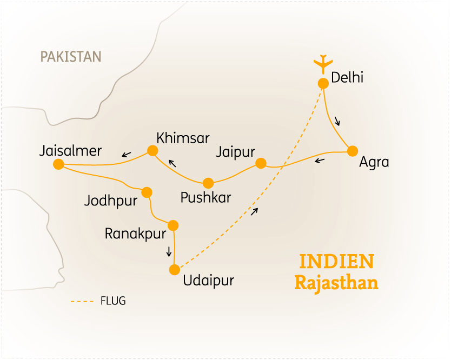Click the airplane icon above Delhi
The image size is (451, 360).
click(x=323, y=63)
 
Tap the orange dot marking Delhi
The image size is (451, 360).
click(x=323, y=83)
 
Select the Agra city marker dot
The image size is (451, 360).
click(x=353, y=151)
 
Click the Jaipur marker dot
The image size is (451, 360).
click(x=261, y=163)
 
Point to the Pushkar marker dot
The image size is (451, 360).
click(x=208, y=183)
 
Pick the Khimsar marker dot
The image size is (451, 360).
click(x=152, y=151)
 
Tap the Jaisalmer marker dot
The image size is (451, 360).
click(x=59, y=164)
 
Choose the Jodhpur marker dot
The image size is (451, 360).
click(x=147, y=192)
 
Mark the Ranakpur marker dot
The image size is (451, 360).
click(x=174, y=225)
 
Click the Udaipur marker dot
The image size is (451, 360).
click(x=174, y=269)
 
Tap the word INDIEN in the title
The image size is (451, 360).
click(x=336, y=262)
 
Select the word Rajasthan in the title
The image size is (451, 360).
click(x=336, y=283)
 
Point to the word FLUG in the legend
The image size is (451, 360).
click(x=113, y=301)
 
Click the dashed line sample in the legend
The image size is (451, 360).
click(x=82, y=301)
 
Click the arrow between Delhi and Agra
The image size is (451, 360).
click(x=338, y=121)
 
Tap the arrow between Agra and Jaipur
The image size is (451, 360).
click(x=320, y=160)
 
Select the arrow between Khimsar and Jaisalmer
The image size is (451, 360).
click(x=126, y=155)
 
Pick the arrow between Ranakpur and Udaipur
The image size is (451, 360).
click(x=169, y=251)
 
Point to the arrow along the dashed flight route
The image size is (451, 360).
click(x=255, y=210)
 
